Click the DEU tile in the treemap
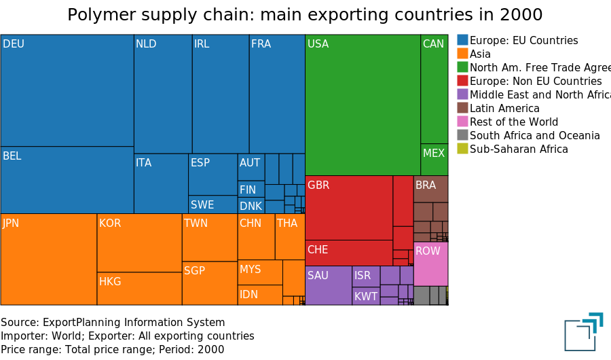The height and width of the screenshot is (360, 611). tap(67, 90)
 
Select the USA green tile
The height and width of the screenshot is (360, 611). tap(363, 105)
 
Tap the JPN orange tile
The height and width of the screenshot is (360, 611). tap(48, 259)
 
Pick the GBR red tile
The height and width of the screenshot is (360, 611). tap(348, 208)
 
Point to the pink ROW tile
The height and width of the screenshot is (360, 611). tap(430, 264)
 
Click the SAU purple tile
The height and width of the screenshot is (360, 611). tap(328, 285)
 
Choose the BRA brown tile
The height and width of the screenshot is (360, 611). tap(430, 189)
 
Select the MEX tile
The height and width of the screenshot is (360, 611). tap(434, 160)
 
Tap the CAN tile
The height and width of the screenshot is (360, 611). tap(434, 89)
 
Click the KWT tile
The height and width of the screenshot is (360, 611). tap(366, 296)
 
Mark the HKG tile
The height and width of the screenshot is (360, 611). tap(139, 288)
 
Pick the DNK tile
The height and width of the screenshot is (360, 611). tap(251, 206)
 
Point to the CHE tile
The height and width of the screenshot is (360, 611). tap(348, 253)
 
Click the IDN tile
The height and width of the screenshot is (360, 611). tap(259, 295)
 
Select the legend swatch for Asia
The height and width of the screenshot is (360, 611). tap(462, 54)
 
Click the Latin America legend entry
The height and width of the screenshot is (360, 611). tap(504, 108)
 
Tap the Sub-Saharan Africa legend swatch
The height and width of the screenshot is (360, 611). tap(462, 149)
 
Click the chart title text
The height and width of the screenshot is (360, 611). tap(305, 15)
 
